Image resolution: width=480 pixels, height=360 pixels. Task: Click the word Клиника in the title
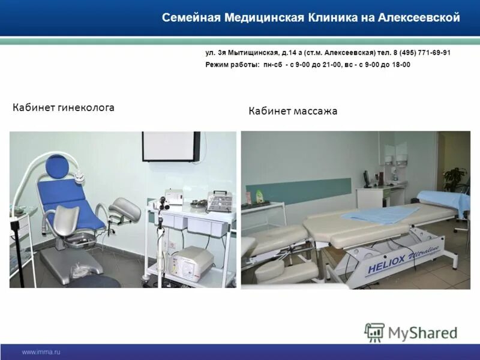pyautogui.click(x=328, y=18)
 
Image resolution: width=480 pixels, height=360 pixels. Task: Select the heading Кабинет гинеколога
pyautogui.click(x=64, y=107)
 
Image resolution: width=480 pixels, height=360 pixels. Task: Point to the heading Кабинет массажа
pyautogui.click(x=293, y=111)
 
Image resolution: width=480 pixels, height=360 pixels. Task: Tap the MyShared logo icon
pyautogui.click(x=374, y=332)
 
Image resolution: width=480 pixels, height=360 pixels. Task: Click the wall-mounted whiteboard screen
pyautogui.click(x=170, y=146)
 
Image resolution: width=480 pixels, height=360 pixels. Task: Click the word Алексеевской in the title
pyautogui.click(x=419, y=18)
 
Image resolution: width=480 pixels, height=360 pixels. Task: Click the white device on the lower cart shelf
pyautogui.click(x=193, y=259)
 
